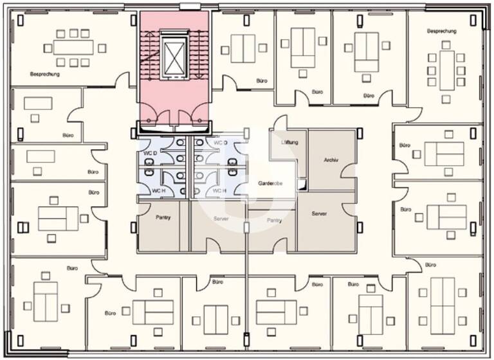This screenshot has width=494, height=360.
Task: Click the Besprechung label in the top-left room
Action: point(45,75)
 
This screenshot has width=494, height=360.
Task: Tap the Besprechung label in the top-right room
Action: point(441,31)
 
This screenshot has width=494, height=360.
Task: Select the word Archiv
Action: point(332,159)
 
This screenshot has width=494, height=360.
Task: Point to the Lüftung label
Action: point(289,142)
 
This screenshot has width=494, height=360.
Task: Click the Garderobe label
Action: point(271,183)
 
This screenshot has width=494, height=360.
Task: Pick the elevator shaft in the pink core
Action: point(174,57)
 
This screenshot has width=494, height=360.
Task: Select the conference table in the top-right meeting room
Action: point(447,69)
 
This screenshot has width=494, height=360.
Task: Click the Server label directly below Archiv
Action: point(319,213)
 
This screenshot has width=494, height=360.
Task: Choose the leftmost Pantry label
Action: point(163,217)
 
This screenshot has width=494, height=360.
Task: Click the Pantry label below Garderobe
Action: point(274,221)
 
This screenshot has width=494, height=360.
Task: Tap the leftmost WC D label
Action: point(151,152)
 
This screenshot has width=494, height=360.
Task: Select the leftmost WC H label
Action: point(159,191)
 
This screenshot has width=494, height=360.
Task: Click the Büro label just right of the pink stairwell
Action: point(261,81)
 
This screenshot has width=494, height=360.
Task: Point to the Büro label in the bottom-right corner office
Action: point(430,264)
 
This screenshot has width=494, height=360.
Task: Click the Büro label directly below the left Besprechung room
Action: point(68,136)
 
